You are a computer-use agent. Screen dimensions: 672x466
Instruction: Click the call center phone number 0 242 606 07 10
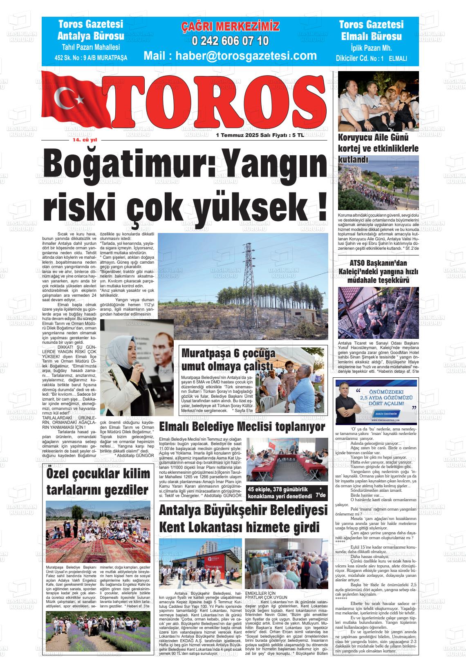230,41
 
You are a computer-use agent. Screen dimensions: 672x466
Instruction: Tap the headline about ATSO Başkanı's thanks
378,271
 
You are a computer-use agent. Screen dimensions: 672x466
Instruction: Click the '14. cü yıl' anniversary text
82,140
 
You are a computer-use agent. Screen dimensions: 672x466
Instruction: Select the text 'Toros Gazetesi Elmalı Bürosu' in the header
371,31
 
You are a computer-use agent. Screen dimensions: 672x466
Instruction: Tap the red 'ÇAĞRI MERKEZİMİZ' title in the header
230,27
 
